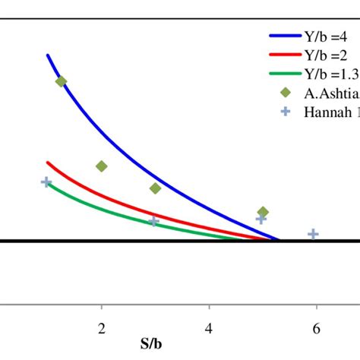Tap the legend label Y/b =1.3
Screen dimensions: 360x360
coord(333,73)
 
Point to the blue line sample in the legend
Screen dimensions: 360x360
coord(286,35)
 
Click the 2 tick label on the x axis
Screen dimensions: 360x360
coord(102,327)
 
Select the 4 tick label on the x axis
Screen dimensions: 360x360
coord(209,327)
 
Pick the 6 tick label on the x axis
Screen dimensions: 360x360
coord(316,327)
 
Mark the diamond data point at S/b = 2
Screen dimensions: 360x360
coord(102,166)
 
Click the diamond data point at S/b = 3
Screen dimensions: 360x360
coord(155,188)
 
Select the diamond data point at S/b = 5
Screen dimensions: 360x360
coord(263,212)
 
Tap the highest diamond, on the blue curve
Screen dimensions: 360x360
coord(62,81)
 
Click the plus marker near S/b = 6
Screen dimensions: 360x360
coord(312,234)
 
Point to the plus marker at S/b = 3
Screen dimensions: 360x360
coord(154,221)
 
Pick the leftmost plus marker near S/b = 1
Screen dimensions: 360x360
coord(46,182)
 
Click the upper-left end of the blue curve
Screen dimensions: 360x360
coord(48,55)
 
